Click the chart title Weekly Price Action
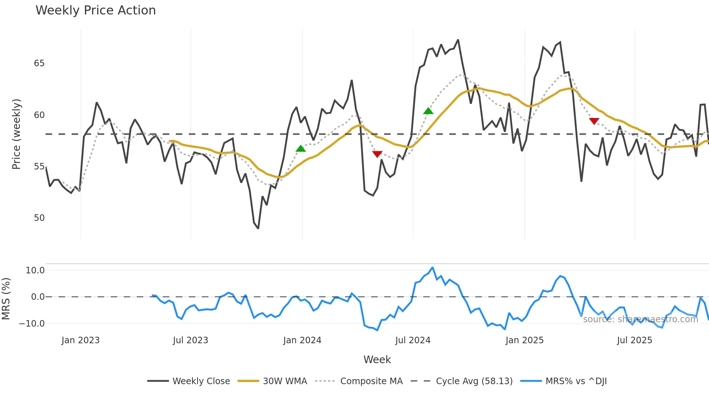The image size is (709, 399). pyautogui.click(x=95, y=10)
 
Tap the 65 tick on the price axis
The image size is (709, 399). pyautogui.click(x=39, y=63)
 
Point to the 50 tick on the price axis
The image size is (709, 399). pyautogui.click(x=39, y=218)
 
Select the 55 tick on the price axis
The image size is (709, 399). pyautogui.click(x=39, y=167)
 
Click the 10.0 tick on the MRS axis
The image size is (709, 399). pyautogui.click(x=35, y=270)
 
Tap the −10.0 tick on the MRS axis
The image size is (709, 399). pyautogui.click(x=32, y=324)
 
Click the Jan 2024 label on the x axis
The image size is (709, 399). pyautogui.click(x=302, y=340)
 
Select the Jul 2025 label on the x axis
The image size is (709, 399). pyautogui.click(x=634, y=340)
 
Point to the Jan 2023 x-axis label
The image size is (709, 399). pyautogui.click(x=80, y=340)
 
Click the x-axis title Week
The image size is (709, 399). pyautogui.click(x=377, y=360)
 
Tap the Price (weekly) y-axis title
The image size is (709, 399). pyautogui.click(x=16, y=134)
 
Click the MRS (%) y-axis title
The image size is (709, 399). pyautogui.click(x=6, y=299)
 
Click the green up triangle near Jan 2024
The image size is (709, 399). pyautogui.click(x=301, y=148)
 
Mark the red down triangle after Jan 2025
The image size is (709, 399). pyautogui.click(x=594, y=121)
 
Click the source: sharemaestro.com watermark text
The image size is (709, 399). pyautogui.click(x=640, y=319)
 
